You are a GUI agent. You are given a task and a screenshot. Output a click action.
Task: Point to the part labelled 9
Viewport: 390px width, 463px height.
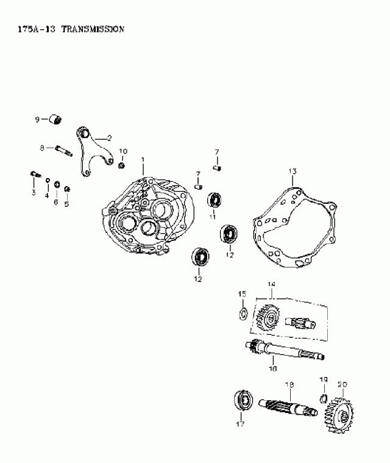[57, 118]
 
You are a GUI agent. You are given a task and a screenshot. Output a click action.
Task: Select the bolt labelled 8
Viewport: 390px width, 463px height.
[65, 148]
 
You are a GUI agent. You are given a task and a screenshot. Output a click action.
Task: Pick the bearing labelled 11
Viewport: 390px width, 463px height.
[214, 199]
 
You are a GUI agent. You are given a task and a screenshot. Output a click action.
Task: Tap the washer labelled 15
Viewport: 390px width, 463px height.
[242, 314]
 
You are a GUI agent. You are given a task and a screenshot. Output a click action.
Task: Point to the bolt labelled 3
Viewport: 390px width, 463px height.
[35, 176]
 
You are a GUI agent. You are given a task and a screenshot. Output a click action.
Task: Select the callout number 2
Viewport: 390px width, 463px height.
[108, 138]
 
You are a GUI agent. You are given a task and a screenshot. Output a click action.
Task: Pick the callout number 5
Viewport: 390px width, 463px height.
[66, 203]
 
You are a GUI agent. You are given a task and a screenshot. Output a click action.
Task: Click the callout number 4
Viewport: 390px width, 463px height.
[46, 196]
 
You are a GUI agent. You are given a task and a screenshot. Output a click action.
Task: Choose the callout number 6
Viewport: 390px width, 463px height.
[55, 202]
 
